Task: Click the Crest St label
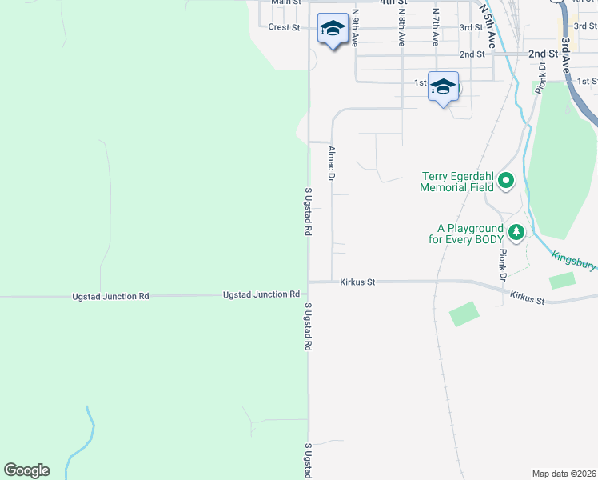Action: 284,27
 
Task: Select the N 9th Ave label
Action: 355,26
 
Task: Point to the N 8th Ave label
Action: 402,26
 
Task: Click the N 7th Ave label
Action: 436,26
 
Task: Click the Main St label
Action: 285,2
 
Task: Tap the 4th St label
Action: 389,2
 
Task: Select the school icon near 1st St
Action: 442,87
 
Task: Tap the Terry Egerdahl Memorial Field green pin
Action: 505,182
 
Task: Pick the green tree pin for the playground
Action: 516,232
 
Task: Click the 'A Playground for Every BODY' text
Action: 465,233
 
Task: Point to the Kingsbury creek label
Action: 574,261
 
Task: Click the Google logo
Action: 26,470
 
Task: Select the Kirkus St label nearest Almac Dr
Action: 357,282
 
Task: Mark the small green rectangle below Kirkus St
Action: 464,314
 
